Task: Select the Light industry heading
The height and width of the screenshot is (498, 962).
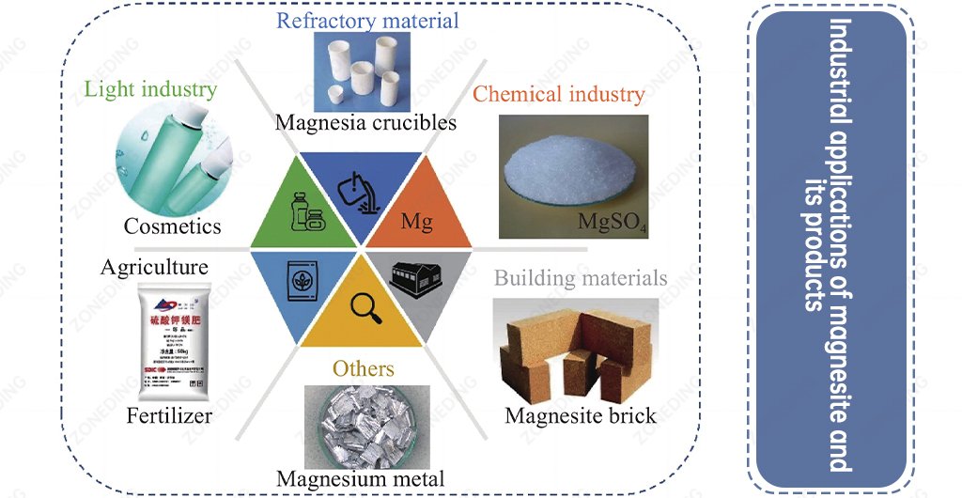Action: click(x=151, y=90)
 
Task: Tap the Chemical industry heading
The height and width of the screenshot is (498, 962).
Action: click(x=558, y=94)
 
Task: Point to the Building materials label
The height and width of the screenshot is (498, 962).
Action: click(x=581, y=278)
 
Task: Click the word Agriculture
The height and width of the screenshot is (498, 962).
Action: click(x=154, y=268)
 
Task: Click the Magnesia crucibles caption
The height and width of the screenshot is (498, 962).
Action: click(x=365, y=122)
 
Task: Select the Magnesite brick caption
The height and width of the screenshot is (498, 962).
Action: click(x=581, y=414)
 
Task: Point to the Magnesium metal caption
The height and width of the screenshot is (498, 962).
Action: click(x=360, y=477)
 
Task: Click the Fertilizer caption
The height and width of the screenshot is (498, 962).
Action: click(x=169, y=414)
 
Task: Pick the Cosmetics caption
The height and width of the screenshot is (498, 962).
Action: click(x=173, y=226)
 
